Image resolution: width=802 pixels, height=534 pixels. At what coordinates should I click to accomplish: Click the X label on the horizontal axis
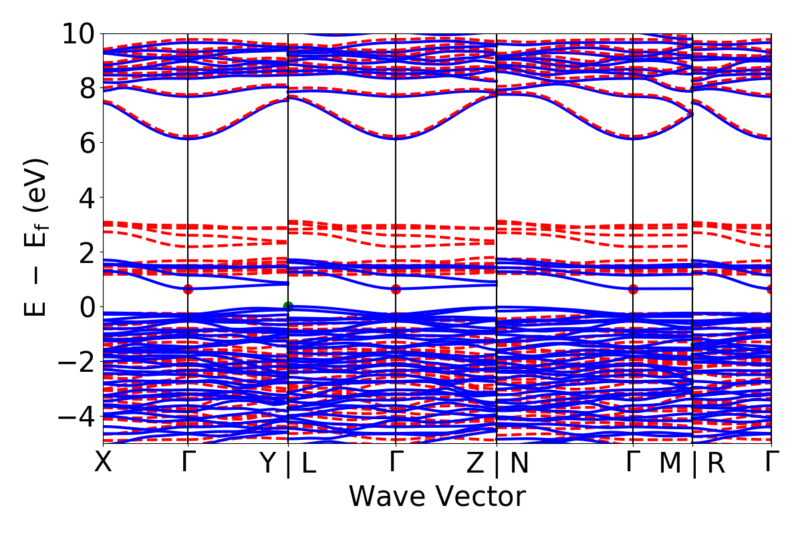103,462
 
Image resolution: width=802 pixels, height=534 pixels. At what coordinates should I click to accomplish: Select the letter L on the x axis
309,464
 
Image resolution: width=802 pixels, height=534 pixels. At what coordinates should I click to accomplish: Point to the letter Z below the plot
475,464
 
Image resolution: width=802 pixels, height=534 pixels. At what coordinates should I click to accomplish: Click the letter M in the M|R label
670,464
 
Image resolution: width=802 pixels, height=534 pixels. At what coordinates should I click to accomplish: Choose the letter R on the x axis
716,464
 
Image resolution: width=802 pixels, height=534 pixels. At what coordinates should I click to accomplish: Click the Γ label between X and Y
188,462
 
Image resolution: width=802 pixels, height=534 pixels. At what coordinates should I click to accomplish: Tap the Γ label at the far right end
772,462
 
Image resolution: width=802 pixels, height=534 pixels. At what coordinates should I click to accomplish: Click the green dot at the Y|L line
288,306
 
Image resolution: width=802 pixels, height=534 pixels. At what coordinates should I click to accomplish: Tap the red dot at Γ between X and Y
188,289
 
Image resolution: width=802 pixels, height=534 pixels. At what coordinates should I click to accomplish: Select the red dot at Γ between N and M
633,289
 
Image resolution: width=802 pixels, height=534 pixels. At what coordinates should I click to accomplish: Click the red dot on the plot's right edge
771,289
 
